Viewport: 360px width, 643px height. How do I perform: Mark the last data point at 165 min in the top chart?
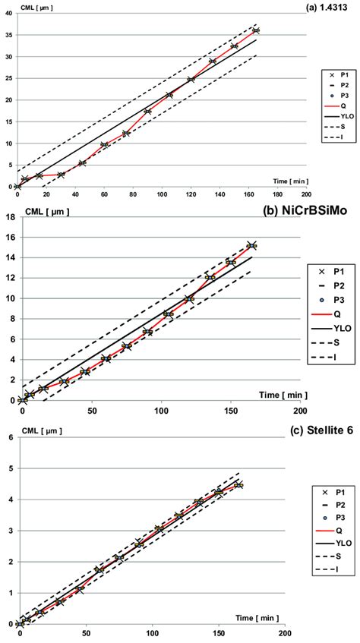(x=256, y=30)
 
